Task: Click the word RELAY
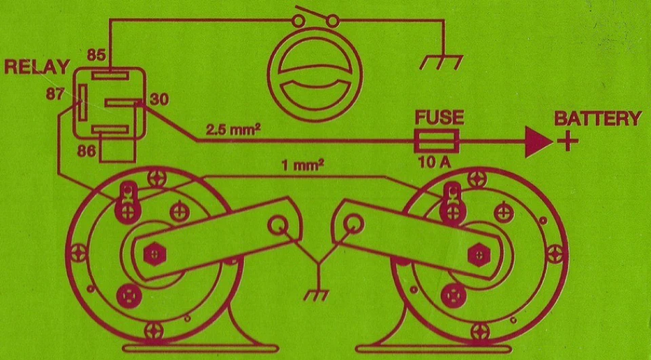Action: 37,67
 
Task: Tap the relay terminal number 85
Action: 96,55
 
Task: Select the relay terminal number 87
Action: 55,94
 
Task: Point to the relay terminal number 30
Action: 159,99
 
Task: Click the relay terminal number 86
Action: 87,151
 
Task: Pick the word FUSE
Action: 439,117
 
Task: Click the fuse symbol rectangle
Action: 437,141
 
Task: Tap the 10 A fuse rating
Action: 435,162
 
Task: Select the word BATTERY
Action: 598,119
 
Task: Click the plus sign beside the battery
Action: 567,142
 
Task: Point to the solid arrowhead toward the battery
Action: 538,142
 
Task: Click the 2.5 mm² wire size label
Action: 233,130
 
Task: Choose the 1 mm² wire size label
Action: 303,165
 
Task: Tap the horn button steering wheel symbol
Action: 315,75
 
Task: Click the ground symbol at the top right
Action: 441,62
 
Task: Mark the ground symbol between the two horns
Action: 317,295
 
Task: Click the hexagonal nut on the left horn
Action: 155,254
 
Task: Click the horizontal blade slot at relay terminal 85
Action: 110,76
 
